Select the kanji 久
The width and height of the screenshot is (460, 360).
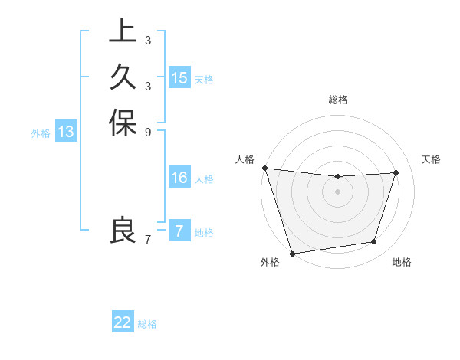coord(123,77)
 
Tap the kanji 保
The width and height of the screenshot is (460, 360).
coord(123,123)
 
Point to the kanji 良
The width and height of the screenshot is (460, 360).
coord(123,230)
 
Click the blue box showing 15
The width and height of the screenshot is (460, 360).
coord(179,78)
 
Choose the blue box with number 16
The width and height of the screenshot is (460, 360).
coord(179,178)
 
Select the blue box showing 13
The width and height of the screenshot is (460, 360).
coord(67,132)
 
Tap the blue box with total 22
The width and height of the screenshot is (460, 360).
coord(123,322)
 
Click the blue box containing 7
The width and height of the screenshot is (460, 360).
coord(179,231)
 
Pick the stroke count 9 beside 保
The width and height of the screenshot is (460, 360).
coord(147,132)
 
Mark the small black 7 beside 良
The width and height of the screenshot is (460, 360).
coord(147,239)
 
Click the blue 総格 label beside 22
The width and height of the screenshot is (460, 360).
coord(147,324)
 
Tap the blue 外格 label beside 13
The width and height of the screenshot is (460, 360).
coord(41,133)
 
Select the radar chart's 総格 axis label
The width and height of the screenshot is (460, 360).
coord(337,100)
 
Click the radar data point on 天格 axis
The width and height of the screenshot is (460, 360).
coord(396,172)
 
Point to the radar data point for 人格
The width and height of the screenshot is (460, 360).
coord(264,168)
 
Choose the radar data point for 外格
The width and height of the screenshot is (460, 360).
coord(292,253)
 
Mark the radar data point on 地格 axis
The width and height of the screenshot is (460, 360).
coord(374,242)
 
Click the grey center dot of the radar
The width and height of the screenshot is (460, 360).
coord(337,191)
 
